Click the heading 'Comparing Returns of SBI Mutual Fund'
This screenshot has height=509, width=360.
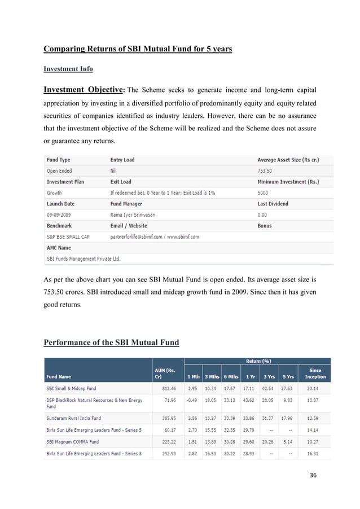[138, 49]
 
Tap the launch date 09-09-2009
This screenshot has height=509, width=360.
[60, 214]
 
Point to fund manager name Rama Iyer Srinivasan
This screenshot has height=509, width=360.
[136, 214]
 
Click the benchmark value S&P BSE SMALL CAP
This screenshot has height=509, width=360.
[68, 236]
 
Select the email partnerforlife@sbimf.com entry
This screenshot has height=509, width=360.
[139, 236]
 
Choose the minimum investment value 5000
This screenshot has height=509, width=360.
[264, 192]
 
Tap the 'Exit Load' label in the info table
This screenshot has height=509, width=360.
[121, 182]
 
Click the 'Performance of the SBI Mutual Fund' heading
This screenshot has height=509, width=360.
[111, 342]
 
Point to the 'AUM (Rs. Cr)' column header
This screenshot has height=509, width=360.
[165, 374]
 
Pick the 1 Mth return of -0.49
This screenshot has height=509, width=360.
[193, 400]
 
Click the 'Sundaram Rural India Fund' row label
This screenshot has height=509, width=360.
[73, 418]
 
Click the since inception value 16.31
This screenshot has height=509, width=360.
[315, 454]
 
